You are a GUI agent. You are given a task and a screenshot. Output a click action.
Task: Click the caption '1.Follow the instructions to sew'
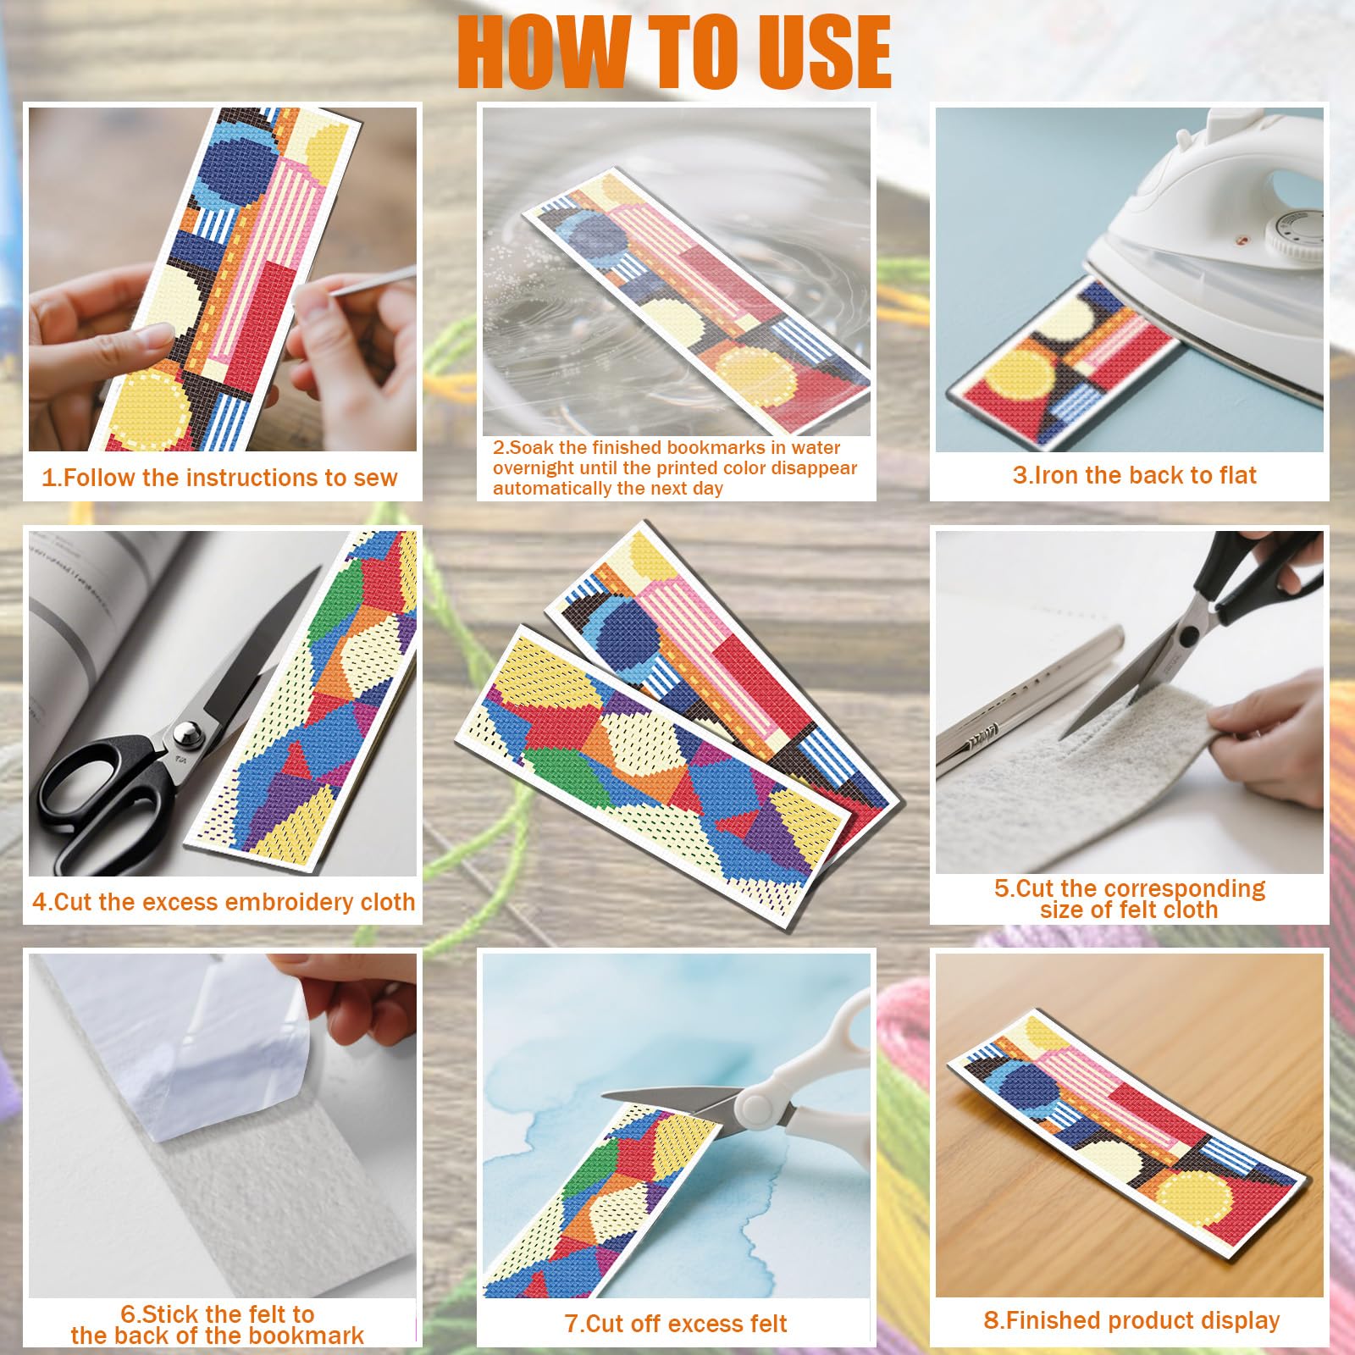pyautogui.click(x=219, y=478)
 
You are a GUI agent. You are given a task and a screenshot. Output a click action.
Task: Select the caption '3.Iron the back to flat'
pyautogui.click(x=1135, y=475)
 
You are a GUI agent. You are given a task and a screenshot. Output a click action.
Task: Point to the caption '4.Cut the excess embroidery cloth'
pyautogui.click(x=224, y=902)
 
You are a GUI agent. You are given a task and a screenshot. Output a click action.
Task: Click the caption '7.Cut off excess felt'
pyautogui.click(x=676, y=1324)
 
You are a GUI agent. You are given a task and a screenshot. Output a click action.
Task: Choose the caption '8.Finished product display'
pyautogui.click(x=1131, y=1320)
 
